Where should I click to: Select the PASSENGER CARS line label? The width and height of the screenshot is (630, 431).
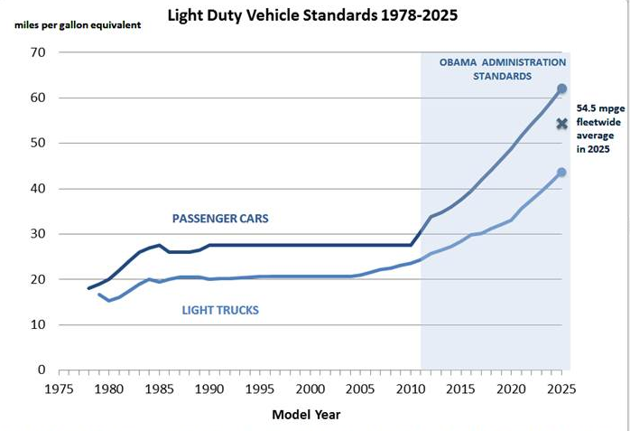220,219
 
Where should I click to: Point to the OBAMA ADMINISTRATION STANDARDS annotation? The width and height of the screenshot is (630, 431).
503,69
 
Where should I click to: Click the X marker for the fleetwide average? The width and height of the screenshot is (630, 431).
561,124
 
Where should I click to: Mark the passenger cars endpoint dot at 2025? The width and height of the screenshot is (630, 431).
561,89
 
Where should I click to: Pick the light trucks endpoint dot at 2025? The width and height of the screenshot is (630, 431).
561,172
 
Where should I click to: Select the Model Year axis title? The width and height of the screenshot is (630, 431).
306,415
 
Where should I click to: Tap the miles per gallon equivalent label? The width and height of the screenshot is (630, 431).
77,23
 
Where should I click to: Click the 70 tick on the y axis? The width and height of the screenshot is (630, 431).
38,52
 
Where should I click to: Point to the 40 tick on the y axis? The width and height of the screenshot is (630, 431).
38,189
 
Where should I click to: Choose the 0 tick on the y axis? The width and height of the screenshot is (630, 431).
42,370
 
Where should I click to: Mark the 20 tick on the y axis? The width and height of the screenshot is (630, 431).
38,279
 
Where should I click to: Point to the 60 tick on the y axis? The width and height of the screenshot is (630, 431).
38,98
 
